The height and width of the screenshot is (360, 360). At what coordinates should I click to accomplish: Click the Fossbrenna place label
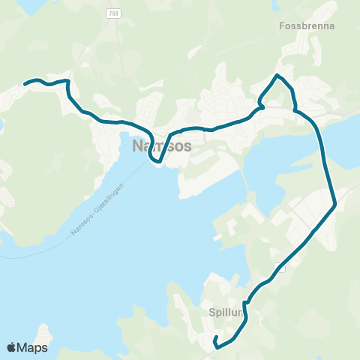coord(306,25)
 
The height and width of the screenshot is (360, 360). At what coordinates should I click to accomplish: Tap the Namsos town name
coord(161,145)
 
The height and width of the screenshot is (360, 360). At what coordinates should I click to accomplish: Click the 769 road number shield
coord(113,13)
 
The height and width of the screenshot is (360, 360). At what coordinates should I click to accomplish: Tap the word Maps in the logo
coord(33,347)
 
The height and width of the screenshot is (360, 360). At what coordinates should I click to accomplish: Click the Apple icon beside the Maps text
coord(12,347)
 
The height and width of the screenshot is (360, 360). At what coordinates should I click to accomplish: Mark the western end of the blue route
coord(25,84)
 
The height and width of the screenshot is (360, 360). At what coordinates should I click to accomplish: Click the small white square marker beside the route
coord(280,268)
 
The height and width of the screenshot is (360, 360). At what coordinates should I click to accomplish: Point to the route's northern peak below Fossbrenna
coord(277,76)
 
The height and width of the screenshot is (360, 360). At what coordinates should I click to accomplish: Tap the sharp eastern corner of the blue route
coord(334,203)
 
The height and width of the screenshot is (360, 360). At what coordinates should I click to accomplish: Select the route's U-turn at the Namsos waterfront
coord(155,160)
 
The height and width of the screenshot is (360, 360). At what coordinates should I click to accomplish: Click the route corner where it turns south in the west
coord(68,82)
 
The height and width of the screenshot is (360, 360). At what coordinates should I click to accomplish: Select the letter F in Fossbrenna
coord(281,25)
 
